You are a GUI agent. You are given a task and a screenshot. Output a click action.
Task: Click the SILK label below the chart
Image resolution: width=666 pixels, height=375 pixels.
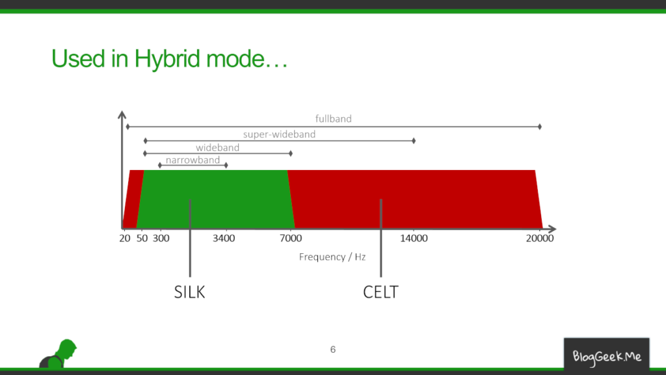pos(189,292)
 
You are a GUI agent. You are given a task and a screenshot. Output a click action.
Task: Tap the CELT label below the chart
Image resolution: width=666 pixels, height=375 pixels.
pos(380,292)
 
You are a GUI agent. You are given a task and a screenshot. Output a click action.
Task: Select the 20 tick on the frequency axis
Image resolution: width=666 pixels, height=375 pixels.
pos(124,238)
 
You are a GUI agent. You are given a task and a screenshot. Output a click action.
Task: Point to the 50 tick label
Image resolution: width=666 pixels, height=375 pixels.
pos(142,238)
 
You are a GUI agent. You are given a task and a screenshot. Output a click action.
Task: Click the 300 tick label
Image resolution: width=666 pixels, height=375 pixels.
pos(161,238)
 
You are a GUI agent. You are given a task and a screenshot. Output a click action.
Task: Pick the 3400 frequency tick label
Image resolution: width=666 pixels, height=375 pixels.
pos(224,238)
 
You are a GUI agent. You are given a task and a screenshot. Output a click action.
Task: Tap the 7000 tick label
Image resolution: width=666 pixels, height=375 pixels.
pos(291,238)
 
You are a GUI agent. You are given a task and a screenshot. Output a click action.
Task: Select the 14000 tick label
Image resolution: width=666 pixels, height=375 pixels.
pos(414,238)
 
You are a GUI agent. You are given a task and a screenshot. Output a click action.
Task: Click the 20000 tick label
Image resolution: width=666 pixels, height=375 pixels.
pos(540,238)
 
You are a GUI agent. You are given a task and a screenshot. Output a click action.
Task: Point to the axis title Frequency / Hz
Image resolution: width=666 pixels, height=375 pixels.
pos(332,257)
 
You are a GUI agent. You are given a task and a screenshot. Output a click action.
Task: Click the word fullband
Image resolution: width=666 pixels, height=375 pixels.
pos(334,118)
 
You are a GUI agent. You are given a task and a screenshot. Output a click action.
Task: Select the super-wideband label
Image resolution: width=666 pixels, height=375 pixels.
pos(279,134)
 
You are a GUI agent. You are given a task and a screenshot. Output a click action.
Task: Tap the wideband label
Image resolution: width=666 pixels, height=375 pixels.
pos(217,148)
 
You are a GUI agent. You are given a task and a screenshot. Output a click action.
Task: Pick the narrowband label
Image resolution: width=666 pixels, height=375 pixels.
pos(193,160)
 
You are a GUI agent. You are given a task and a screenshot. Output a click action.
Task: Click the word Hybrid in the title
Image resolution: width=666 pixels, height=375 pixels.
pos(167,59)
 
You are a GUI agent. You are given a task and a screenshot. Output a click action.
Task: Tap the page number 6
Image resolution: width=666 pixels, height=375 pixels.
pos(333,350)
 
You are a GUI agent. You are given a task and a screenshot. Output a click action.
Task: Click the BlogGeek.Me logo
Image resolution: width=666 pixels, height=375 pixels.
pos(607,356)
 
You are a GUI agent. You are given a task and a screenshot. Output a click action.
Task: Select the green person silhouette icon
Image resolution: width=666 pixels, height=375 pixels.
pos(58,354)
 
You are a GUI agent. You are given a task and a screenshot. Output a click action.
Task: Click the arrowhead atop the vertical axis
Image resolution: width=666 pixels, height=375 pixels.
pos(122,115)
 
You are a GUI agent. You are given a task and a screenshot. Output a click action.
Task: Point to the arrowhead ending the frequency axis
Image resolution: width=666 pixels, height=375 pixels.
pos(552,229)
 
